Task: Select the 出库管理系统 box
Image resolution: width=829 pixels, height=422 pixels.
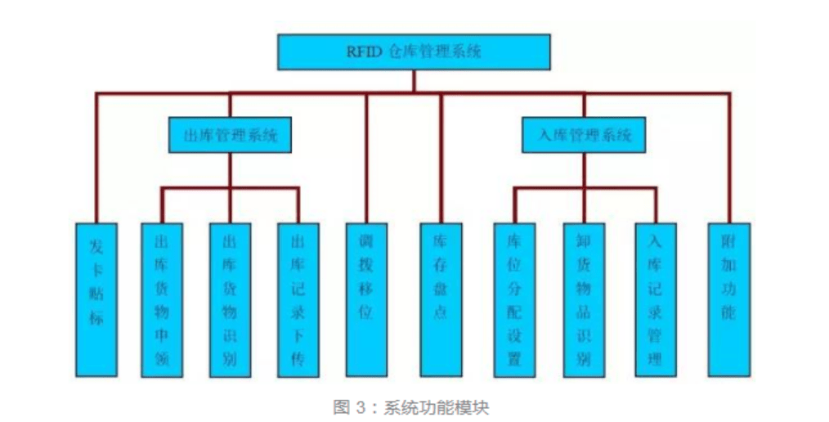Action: click(231, 136)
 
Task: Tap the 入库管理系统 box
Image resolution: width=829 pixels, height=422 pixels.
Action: click(584, 136)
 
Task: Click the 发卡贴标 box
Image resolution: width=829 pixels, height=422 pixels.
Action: click(96, 299)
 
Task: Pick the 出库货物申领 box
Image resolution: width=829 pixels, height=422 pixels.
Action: click(162, 299)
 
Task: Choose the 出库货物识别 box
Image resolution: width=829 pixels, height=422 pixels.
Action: click(230, 299)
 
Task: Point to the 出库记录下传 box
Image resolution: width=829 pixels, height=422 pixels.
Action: click(298, 299)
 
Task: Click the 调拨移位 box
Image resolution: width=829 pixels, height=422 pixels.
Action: click(366, 299)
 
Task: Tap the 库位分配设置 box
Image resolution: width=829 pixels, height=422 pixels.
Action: click(514, 299)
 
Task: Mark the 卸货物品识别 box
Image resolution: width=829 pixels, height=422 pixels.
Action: click(584, 299)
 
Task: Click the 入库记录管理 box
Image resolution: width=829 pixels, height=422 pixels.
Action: click(655, 299)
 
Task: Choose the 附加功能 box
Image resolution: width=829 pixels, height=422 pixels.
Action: click(728, 299)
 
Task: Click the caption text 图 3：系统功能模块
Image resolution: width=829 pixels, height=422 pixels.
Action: click(410, 406)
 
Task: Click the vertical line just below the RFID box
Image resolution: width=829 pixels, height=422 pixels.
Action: click(414, 81)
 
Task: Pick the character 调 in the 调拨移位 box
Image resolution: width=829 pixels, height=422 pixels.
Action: click(366, 243)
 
